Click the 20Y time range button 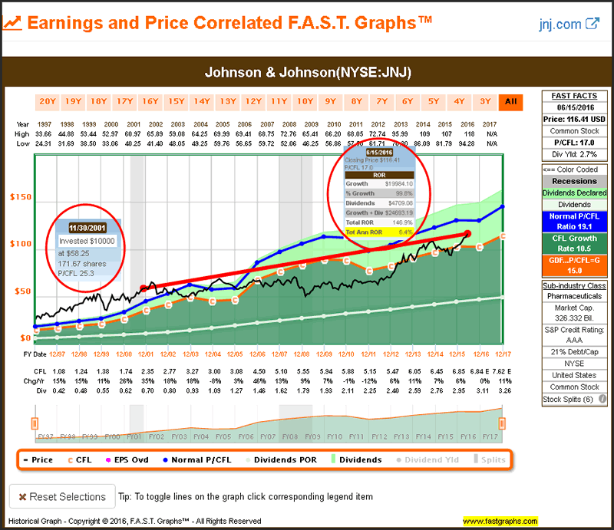tap(48, 100)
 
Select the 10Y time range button tap(305, 100)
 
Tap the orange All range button tap(510, 100)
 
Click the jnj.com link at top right tap(569, 24)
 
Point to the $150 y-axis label tap(19, 198)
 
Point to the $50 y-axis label tap(21, 291)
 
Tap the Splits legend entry tap(492, 460)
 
